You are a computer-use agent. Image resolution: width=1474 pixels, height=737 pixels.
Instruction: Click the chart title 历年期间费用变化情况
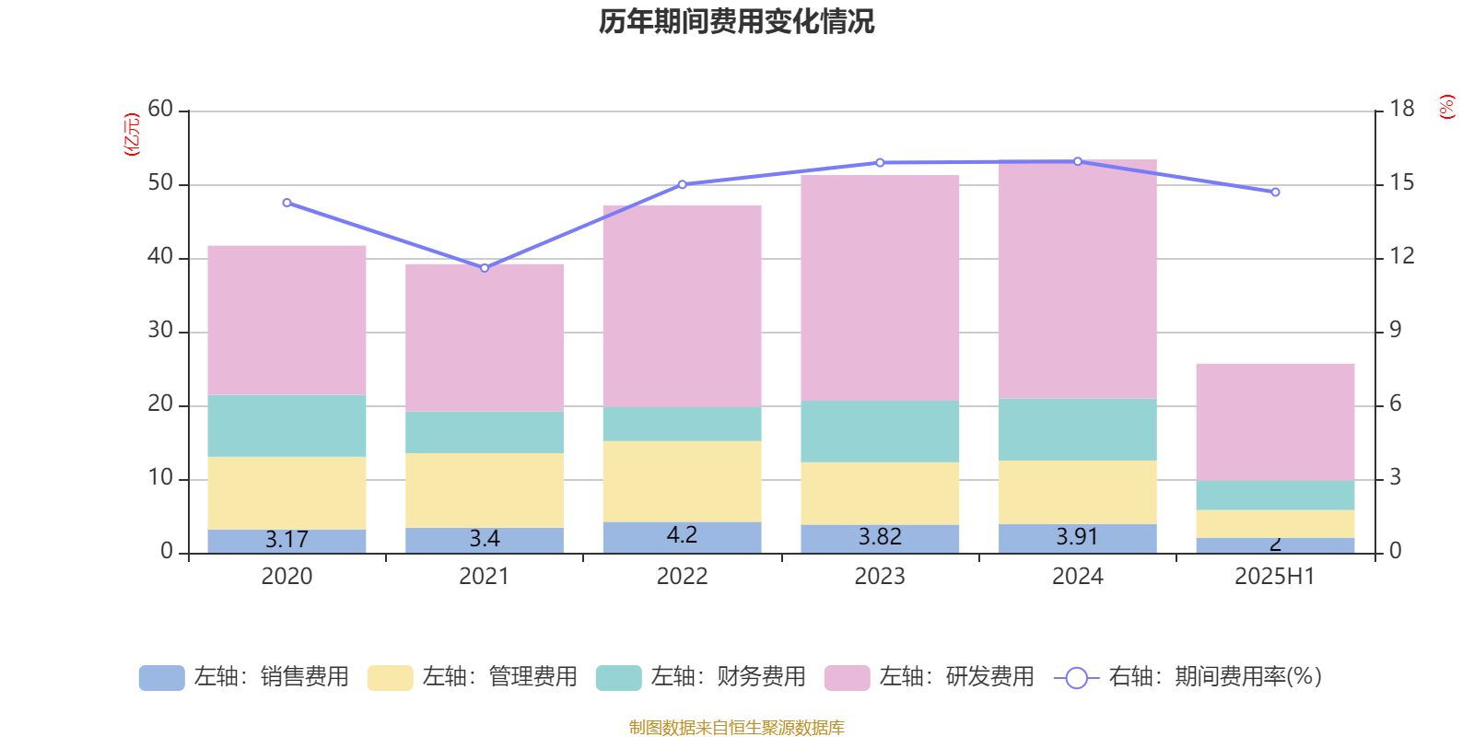point(736,21)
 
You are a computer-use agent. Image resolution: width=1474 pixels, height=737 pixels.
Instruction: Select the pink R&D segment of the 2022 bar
point(682,306)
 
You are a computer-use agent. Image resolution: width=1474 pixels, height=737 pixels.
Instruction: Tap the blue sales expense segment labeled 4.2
point(682,536)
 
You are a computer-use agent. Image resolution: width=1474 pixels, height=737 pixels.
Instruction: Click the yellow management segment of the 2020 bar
point(287,493)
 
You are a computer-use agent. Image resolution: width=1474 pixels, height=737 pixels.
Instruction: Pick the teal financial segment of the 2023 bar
point(880,431)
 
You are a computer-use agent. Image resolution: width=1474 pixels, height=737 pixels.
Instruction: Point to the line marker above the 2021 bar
point(485,268)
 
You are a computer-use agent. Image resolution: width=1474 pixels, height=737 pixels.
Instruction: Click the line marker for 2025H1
point(1275,193)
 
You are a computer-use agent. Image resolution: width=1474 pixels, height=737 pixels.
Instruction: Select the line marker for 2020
point(287,203)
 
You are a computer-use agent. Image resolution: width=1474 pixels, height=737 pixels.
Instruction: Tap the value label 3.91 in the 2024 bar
point(1077,537)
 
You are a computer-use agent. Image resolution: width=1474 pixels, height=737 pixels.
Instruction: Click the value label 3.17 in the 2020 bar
point(287,540)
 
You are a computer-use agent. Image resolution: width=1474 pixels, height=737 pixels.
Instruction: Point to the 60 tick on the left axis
point(160,110)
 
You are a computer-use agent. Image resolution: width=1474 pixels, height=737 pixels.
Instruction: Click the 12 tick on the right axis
point(1402,257)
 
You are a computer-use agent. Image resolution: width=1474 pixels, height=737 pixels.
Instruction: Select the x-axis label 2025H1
point(1275,577)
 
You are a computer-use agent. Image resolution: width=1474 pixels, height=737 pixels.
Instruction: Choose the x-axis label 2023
point(880,577)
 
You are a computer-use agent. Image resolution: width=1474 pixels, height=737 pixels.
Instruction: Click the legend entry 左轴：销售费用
point(244,677)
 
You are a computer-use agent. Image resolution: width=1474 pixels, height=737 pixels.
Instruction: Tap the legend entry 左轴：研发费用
point(930,677)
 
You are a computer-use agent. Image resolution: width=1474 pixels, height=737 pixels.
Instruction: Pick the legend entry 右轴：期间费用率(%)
point(1188,677)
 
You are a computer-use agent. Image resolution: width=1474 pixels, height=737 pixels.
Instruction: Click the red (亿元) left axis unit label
point(132,135)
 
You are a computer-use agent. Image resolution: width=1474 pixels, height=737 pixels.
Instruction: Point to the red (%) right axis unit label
point(1447,107)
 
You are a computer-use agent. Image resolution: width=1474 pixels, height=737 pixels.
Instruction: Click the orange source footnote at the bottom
point(736,728)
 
